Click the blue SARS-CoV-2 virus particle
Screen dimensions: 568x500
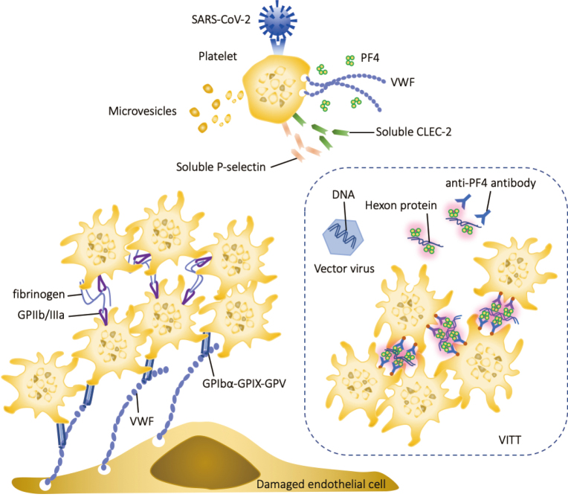click(277, 20)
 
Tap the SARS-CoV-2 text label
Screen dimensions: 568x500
click(221, 19)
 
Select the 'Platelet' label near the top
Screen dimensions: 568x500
click(218, 57)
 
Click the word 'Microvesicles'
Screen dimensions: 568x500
click(142, 111)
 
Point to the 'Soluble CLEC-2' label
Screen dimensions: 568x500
click(413, 132)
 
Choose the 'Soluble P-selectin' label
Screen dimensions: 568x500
click(221, 167)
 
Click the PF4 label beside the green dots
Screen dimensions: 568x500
click(369, 57)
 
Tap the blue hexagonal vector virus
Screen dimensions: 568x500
click(343, 237)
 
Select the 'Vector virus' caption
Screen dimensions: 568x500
click(344, 269)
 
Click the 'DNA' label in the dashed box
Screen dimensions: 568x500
click(343, 195)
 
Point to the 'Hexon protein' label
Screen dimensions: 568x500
click(401, 205)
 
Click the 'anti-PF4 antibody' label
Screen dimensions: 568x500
click(491, 183)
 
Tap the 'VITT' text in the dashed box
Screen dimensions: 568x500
click(510, 440)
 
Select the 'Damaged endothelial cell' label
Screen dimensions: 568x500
click(321, 484)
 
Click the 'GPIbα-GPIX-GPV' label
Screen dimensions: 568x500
click(244, 383)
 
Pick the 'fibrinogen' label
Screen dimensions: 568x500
click(39, 294)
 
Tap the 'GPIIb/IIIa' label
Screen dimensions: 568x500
click(41, 315)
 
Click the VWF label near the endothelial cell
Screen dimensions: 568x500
click(142, 421)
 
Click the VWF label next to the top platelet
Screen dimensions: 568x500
click(402, 83)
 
